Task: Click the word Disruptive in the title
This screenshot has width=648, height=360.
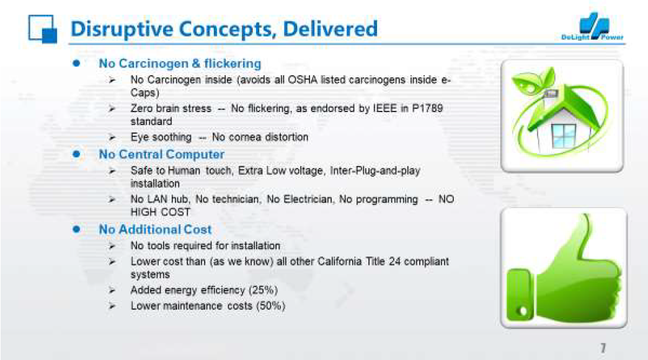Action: (122, 29)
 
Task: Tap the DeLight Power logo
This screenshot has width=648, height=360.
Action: (593, 27)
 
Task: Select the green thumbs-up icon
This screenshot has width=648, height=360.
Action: (564, 268)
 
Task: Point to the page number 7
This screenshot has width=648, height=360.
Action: (603, 348)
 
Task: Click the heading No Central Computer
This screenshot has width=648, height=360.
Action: (162, 154)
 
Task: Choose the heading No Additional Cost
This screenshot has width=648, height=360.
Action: (155, 229)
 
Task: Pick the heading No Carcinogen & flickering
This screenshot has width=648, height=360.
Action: (180, 64)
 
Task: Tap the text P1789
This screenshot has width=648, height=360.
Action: (428, 108)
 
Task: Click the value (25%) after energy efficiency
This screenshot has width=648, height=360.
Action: (263, 290)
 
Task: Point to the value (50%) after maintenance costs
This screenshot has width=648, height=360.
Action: (271, 306)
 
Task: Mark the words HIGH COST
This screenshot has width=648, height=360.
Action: (161, 212)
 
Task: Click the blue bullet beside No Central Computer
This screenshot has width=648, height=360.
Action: (76, 154)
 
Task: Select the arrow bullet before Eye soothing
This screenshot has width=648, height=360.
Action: (112, 138)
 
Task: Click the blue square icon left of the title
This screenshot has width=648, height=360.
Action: (43, 29)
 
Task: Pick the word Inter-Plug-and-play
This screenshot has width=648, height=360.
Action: (375, 171)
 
